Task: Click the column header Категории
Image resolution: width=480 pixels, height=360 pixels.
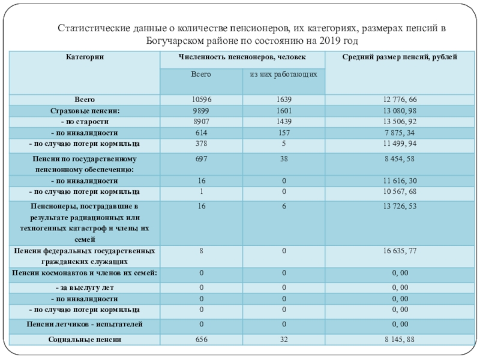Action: [x=85, y=56]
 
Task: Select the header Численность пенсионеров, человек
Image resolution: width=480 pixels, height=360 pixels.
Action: [x=241, y=56]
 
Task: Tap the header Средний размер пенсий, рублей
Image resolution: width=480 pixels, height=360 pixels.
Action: [x=400, y=56]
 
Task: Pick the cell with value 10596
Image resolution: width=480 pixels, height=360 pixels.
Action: [x=200, y=99]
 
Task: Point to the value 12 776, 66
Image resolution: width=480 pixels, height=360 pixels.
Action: [x=400, y=99]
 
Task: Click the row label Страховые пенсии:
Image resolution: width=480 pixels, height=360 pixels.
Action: [x=85, y=110]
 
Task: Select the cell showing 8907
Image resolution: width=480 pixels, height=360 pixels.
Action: [x=200, y=121]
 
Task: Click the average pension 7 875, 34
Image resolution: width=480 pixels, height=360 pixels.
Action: [x=400, y=133]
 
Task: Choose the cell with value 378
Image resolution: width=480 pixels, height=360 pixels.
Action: [x=200, y=144]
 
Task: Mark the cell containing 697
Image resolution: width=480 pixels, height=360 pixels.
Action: [x=200, y=159]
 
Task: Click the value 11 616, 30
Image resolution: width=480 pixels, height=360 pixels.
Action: [x=400, y=181]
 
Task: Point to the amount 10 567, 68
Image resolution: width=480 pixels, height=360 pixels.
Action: [x=400, y=191]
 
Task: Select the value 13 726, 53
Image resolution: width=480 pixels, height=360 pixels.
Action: [x=400, y=206]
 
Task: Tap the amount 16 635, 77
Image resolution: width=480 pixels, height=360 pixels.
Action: [x=400, y=251]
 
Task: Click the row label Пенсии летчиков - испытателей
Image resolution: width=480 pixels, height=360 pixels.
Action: [x=85, y=325]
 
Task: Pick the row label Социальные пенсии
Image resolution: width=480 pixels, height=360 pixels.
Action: [x=85, y=340]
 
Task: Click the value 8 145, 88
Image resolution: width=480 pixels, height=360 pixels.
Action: [x=400, y=340]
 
